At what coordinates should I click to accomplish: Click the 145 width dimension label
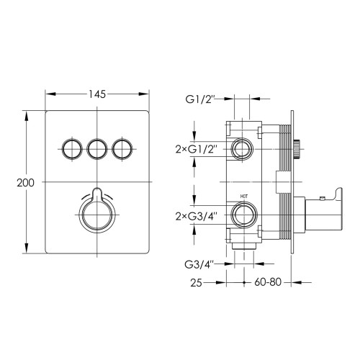97,94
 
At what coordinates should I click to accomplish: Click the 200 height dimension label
25,183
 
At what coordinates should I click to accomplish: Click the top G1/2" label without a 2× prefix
199,99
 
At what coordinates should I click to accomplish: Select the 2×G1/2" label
197,150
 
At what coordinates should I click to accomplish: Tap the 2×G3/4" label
197,217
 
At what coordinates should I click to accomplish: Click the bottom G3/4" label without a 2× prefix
199,264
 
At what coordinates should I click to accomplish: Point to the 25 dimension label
196,283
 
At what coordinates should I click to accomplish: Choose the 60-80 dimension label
268,282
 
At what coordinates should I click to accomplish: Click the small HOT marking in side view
244,197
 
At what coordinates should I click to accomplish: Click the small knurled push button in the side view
297,149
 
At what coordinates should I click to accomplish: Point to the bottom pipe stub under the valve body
244,246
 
